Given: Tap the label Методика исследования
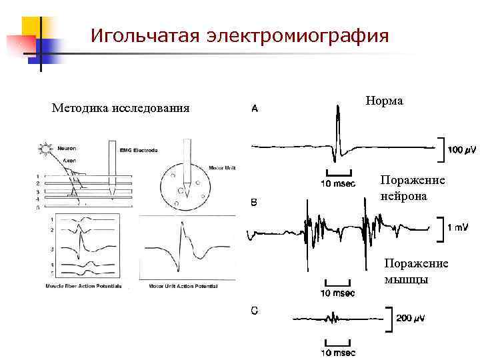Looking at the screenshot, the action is [120, 107].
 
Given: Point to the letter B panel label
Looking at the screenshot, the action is [254, 202].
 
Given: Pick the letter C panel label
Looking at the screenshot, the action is [255, 309].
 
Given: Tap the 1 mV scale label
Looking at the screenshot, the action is [457, 227].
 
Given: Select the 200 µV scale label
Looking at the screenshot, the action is [411, 318].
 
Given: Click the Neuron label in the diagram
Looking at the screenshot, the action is [67, 148].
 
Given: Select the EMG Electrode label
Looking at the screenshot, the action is [139, 151].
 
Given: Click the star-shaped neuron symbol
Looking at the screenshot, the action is [45, 147].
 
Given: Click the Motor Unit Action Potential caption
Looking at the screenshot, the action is [183, 285].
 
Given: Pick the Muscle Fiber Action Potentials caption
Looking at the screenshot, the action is [83, 285].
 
